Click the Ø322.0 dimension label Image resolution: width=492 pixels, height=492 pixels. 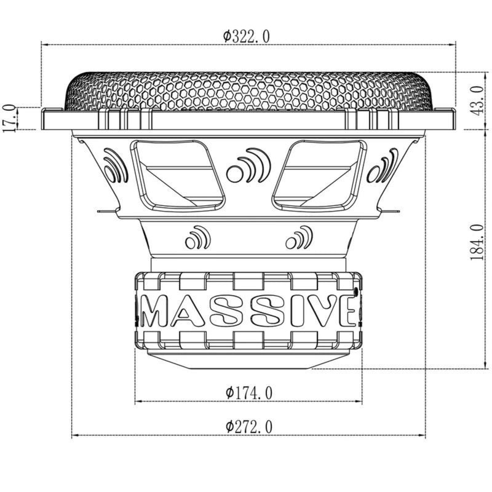pyautogui.click(x=246, y=36)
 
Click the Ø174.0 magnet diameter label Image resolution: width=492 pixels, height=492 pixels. pyautogui.click(x=249, y=392)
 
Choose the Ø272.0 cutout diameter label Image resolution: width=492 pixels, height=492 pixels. pyautogui.click(x=249, y=426)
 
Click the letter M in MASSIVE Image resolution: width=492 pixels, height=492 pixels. pyautogui.click(x=154, y=312)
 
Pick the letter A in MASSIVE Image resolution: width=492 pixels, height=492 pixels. pyautogui.click(x=187, y=312)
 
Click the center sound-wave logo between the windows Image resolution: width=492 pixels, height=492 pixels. pyautogui.click(x=246, y=166)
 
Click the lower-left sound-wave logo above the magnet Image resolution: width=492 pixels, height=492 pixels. pyautogui.click(x=197, y=238)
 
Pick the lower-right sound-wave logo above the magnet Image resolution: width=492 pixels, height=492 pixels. pyautogui.click(x=299, y=238)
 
